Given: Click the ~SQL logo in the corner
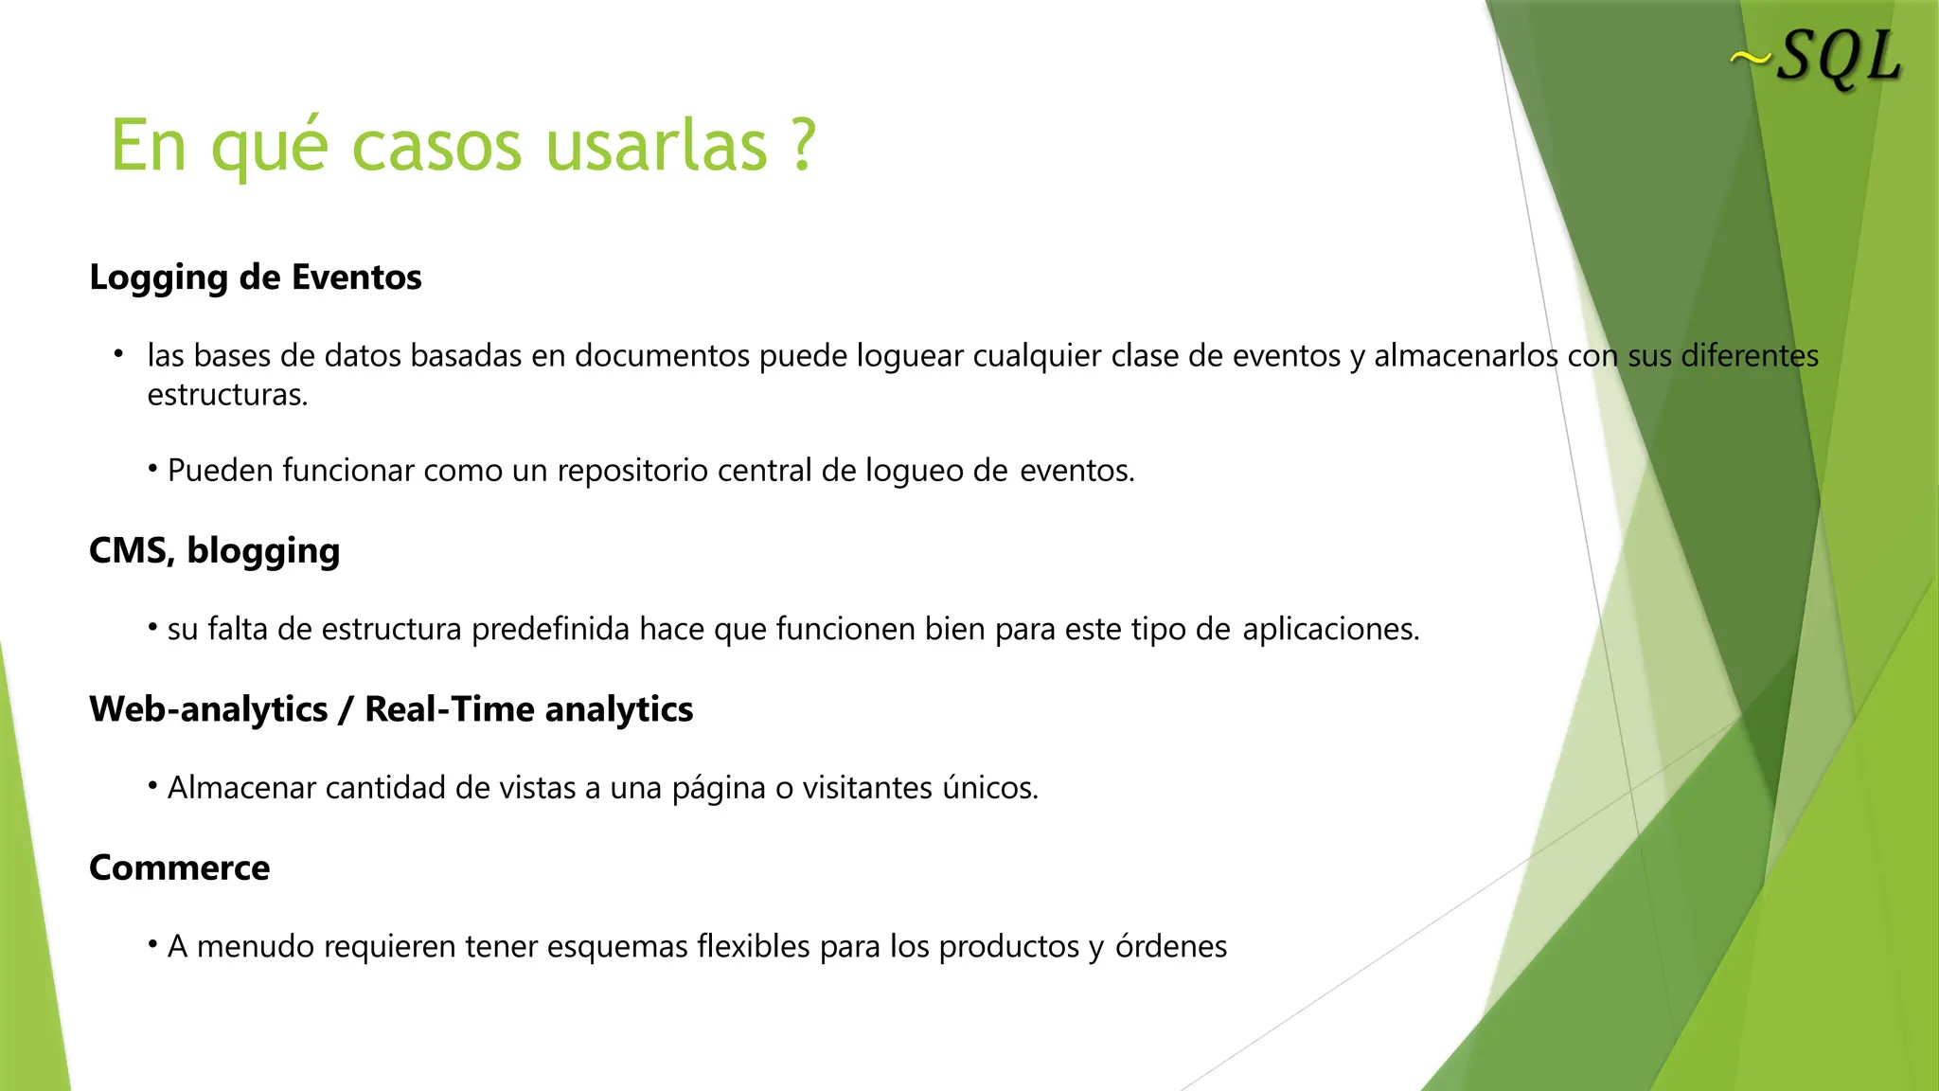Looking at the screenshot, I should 1816,59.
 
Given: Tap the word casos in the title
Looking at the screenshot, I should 436,147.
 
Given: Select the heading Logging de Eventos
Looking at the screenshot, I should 256,277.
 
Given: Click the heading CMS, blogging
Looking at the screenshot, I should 214,550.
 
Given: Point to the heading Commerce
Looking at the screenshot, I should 179,867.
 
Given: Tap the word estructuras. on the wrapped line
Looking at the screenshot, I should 227,395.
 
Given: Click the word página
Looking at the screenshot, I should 718,788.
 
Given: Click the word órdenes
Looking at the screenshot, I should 1171,946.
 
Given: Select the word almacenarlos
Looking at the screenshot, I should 1465,356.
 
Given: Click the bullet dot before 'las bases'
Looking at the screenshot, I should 118,354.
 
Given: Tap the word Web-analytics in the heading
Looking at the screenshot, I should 208,709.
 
